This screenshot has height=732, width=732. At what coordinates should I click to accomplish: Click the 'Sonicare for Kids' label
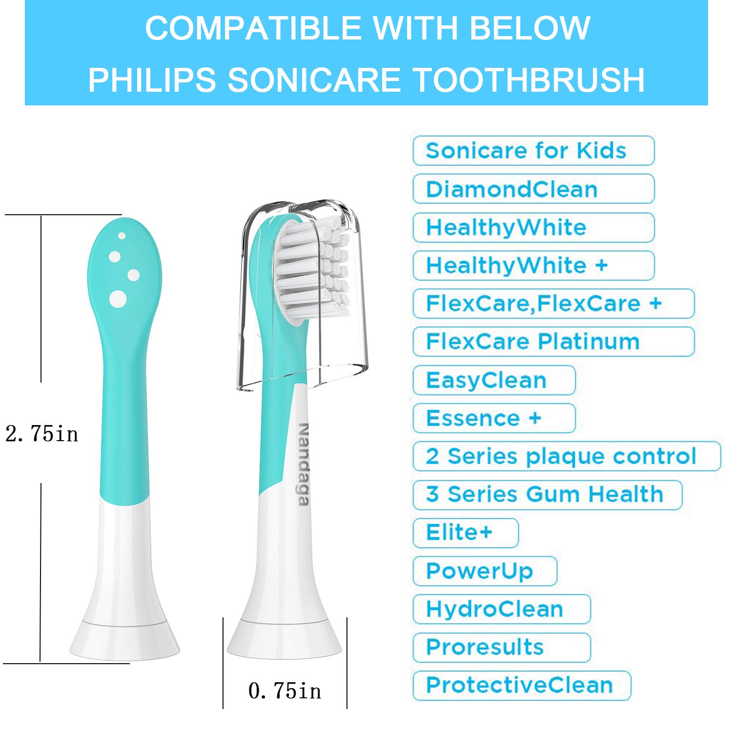point(533,151)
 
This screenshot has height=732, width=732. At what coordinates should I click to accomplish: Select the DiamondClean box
point(533,189)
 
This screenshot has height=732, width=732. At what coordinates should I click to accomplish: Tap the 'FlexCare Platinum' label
point(553,341)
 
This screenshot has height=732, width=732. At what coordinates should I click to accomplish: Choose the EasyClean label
point(494,380)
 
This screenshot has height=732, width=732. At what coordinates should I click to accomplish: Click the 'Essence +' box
point(494,418)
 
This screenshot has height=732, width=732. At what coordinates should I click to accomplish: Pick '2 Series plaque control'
point(566,456)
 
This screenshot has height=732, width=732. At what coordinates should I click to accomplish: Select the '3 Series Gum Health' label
point(547,494)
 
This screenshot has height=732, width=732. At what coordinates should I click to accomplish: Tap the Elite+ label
point(465,532)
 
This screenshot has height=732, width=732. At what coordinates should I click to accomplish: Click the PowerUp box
point(485,570)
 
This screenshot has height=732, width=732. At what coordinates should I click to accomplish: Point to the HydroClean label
point(502,609)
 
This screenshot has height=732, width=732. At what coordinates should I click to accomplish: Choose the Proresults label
point(502,647)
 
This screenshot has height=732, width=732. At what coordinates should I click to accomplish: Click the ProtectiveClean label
point(522,685)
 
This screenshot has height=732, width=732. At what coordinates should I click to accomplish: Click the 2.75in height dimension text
point(41,433)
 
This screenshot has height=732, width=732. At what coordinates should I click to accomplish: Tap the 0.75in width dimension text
point(285,691)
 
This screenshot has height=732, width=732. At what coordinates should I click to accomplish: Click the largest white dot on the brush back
point(118,299)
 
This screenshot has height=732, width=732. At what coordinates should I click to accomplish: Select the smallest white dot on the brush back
point(122,236)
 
